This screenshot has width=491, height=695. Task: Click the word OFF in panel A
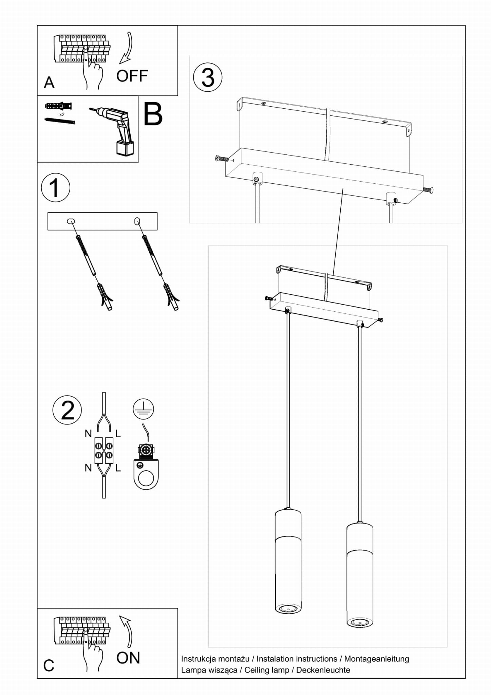132,76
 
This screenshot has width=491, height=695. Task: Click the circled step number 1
55,188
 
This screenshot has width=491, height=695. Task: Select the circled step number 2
67,410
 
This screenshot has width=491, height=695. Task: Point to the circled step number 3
208,77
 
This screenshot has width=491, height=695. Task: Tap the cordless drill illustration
115,130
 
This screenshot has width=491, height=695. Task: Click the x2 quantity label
62,115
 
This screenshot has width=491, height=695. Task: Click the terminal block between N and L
104,450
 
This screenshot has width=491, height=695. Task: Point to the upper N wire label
88,434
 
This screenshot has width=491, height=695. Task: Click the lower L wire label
118,468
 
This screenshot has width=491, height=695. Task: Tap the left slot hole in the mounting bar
71,221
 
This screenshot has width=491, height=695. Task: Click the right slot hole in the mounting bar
137,221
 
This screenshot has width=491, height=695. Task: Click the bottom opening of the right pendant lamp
360,622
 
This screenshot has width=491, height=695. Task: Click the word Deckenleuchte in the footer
323,670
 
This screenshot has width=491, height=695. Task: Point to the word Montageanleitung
377,659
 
